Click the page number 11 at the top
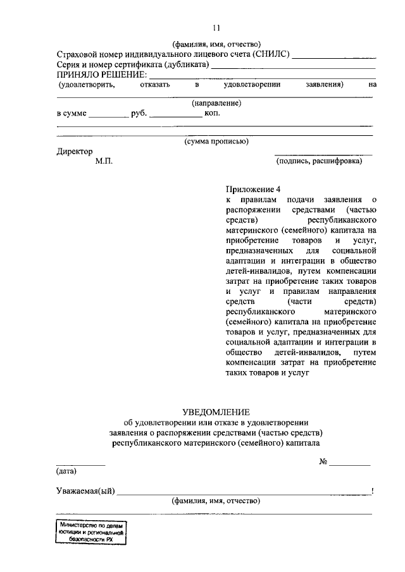click(x=216, y=27)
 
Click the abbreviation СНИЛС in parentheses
click(x=271, y=54)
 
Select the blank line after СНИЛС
click(x=334, y=57)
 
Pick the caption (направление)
click(x=216, y=102)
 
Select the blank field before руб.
click(x=108, y=116)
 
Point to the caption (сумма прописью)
click(x=216, y=142)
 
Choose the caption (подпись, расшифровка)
click(x=319, y=162)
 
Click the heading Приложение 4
click(x=252, y=189)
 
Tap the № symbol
click(x=323, y=461)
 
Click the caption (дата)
click(x=66, y=471)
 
